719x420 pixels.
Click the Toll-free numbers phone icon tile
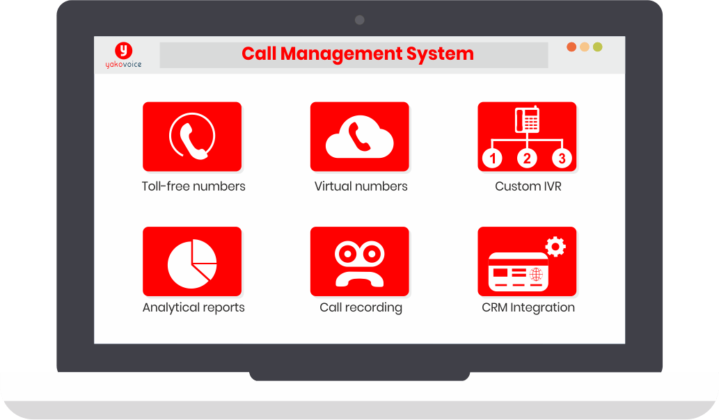(192, 136)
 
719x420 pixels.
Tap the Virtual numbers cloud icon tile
(359, 136)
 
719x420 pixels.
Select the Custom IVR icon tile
(527, 136)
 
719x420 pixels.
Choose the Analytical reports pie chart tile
(192, 261)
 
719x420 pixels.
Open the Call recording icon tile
(359, 261)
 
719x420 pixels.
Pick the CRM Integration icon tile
(527, 261)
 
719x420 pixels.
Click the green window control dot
(598, 47)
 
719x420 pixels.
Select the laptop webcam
(360, 20)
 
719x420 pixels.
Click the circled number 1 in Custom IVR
(493, 159)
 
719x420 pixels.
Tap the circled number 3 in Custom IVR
(562, 159)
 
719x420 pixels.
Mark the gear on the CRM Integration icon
(555, 246)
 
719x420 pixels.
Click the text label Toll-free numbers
(193, 186)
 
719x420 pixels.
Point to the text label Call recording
(361, 307)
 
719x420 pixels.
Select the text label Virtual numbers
(361, 186)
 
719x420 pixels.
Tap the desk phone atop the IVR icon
(527, 120)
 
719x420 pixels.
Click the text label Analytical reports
(193, 307)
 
